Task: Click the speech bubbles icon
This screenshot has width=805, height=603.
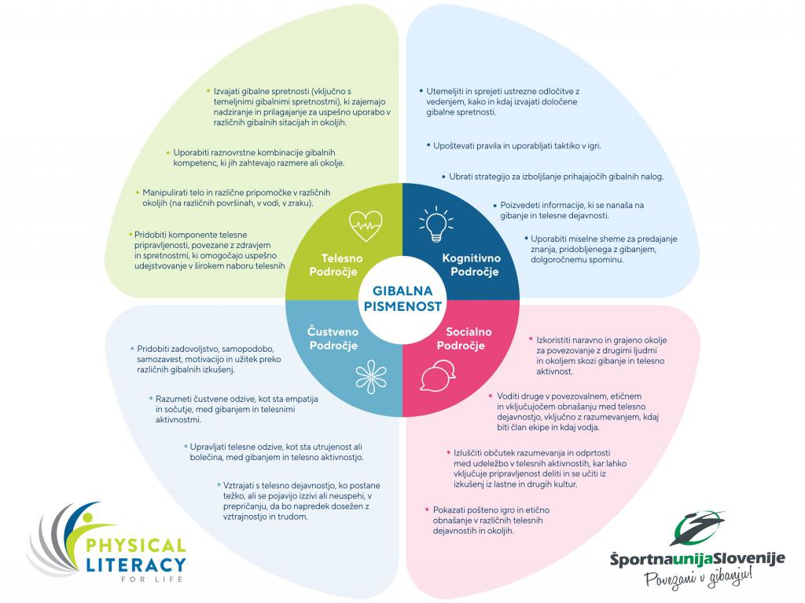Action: (439, 375)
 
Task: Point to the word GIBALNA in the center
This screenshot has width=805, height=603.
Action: (402, 291)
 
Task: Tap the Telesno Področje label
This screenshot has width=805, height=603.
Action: (339, 265)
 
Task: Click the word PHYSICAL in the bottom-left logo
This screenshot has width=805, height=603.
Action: (135, 546)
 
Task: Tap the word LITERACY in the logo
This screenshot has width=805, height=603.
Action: (135, 565)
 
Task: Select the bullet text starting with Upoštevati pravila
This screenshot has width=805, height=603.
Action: (516, 146)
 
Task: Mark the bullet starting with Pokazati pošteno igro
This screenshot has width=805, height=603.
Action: (488, 520)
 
